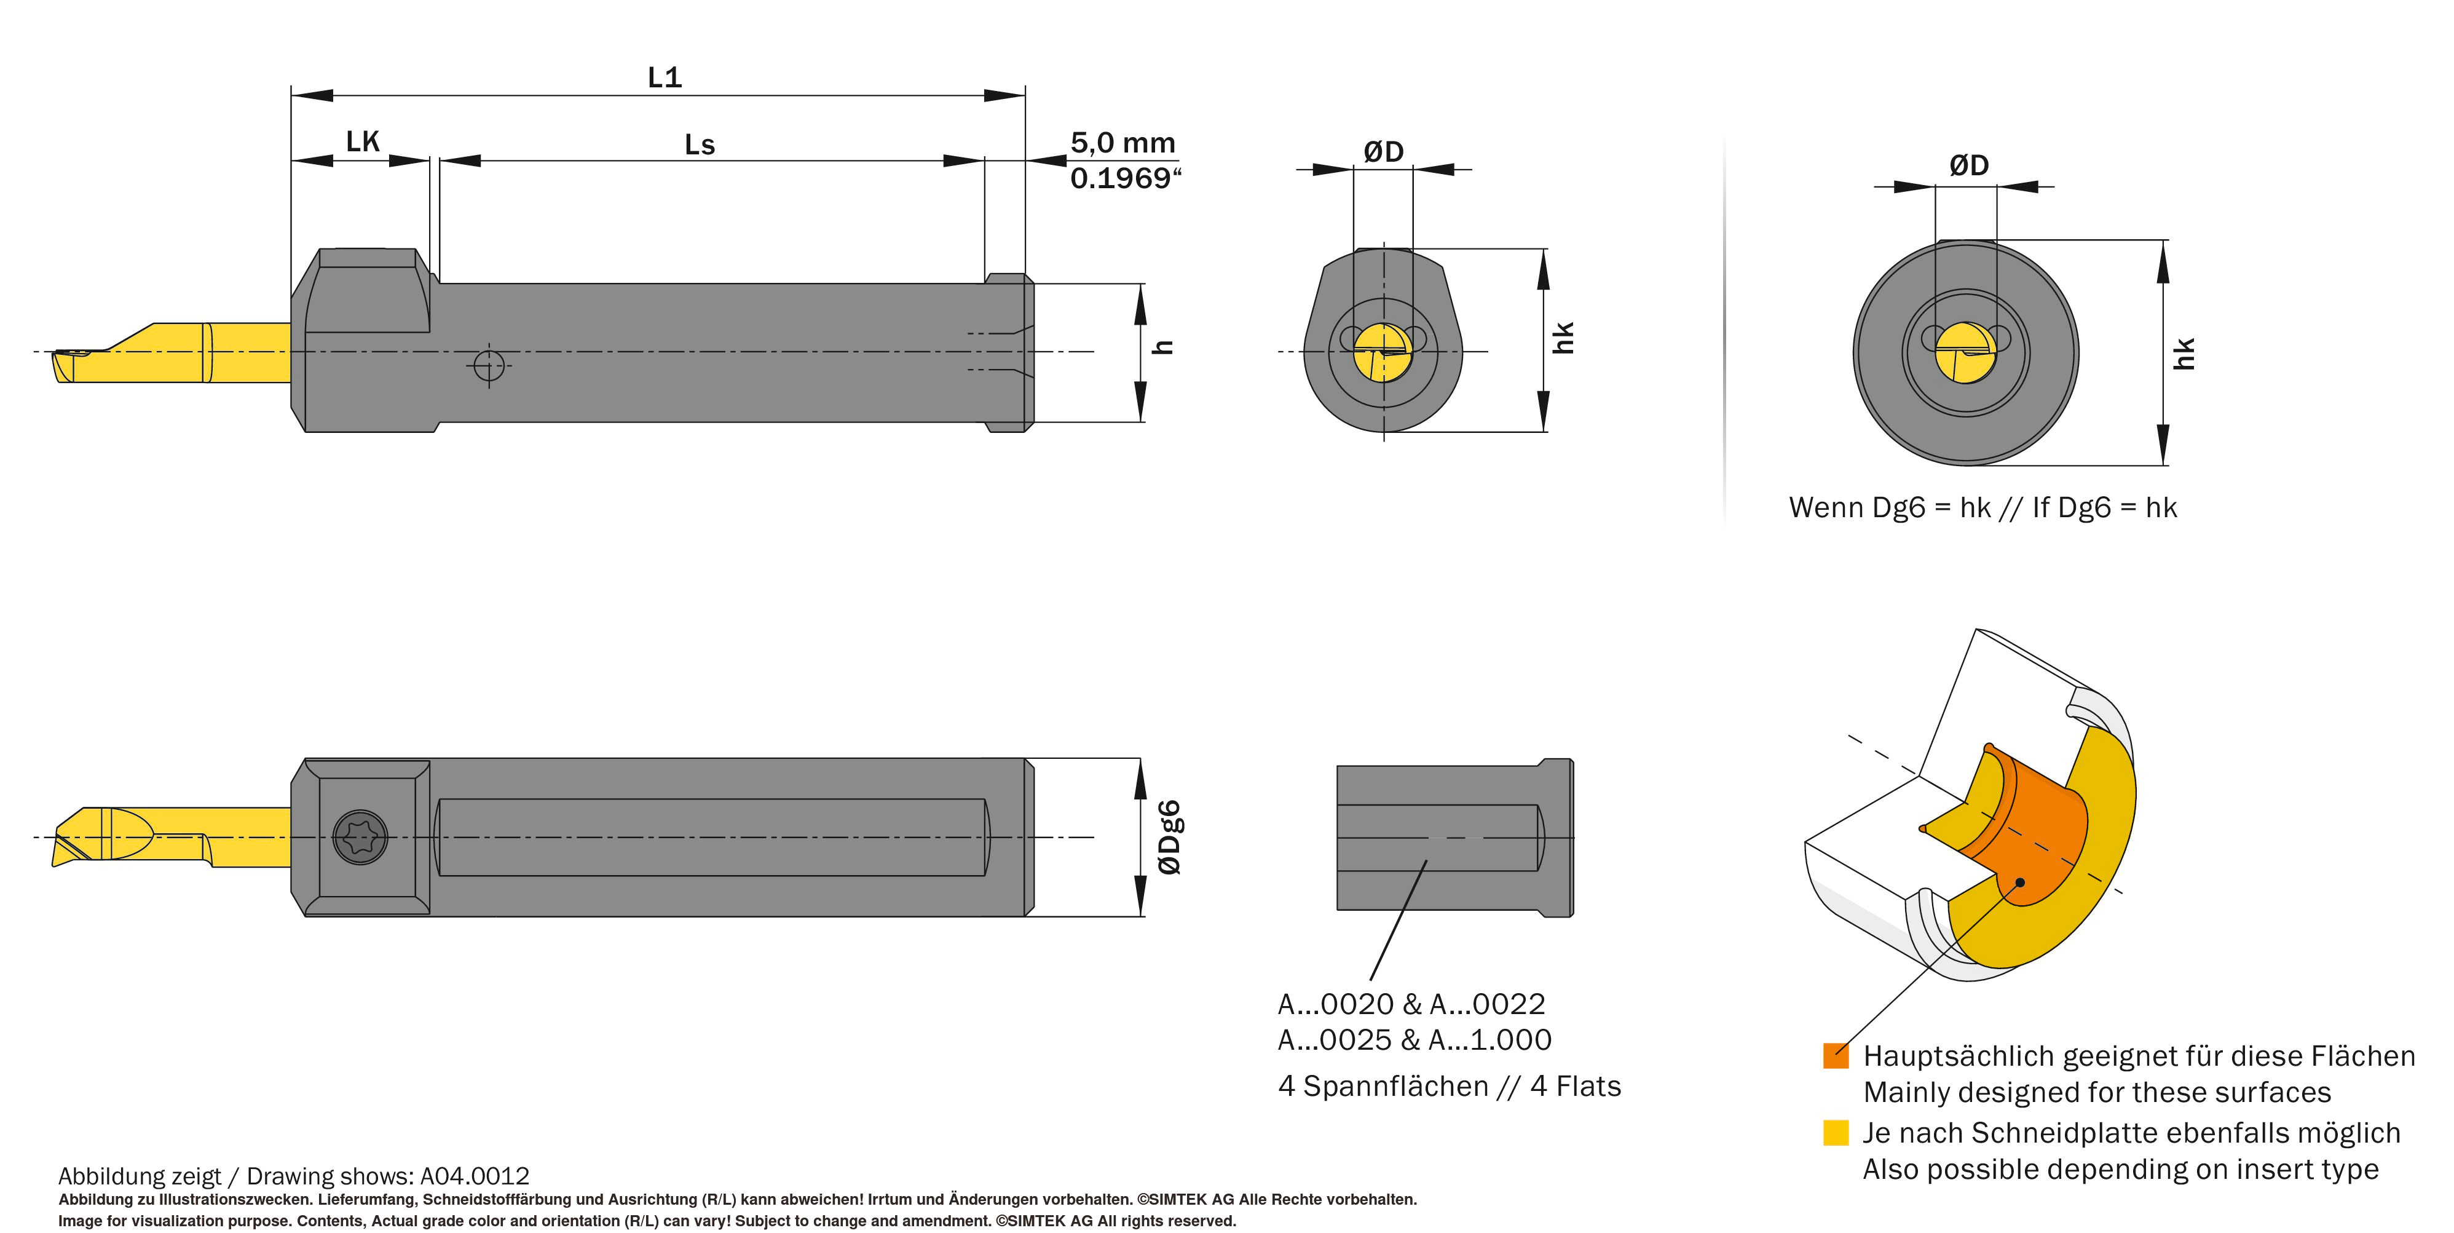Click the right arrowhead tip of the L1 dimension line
click(1025, 95)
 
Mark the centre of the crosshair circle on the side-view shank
click(489, 364)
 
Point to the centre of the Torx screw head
click(361, 838)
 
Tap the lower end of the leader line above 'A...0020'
click(1371, 980)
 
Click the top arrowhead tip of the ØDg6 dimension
click(1140, 759)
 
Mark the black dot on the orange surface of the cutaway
click(2019, 882)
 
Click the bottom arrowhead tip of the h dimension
click(1140, 421)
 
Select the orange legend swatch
click(1836, 1055)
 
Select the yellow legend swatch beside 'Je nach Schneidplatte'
click(1836, 1132)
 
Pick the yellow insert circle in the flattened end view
click(1383, 352)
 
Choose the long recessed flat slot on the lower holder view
click(712, 836)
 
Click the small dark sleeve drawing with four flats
click(1454, 838)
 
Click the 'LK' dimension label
click(362, 142)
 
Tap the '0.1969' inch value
click(1125, 178)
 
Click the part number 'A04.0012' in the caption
click(475, 1176)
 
